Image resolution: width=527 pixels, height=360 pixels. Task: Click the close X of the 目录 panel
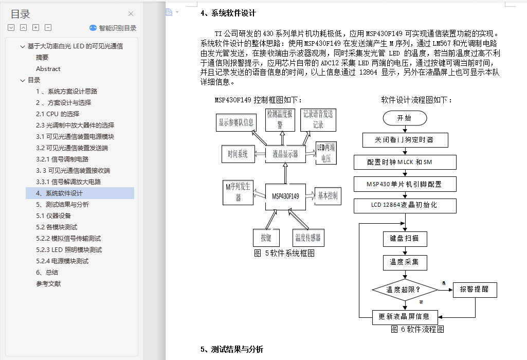coord(131,14)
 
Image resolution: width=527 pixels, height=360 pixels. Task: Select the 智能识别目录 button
coord(113,28)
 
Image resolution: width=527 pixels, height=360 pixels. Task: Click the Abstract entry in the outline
coord(48,69)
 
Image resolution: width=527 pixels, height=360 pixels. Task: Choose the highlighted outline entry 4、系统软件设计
coord(59,193)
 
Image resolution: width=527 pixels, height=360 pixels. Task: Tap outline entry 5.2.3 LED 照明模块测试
coord(69,250)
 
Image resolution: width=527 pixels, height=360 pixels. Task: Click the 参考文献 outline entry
coord(48,284)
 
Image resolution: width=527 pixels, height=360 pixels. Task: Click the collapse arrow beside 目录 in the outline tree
coord(23,80)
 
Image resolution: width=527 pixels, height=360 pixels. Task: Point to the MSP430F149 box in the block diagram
coord(285,196)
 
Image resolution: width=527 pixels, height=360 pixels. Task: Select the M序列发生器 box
coord(238,192)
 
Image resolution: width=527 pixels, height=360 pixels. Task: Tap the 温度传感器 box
coord(307,238)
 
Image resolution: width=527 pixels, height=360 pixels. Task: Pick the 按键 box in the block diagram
coord(266,238)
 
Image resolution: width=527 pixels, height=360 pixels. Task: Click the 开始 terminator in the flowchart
coord(405,118)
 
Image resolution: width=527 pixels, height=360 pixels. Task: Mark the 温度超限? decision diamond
coord(404,290)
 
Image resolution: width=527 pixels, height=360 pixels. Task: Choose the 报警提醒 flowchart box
coord(475,290)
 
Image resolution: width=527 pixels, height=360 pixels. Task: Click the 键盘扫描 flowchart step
coord(405,239)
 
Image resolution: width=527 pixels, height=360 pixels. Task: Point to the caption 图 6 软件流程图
coord(417,329)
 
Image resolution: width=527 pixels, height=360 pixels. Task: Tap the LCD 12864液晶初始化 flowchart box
coord(405,205)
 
